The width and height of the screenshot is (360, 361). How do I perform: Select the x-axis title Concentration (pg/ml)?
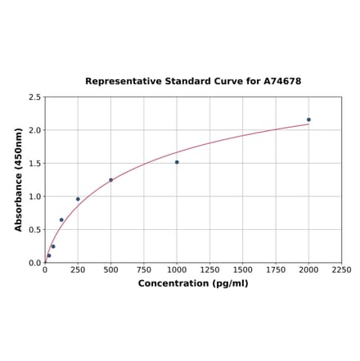click(x=193, y=283)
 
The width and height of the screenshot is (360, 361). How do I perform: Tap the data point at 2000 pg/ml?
click(x=308, y=120)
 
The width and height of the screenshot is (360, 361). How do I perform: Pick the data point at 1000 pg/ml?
click(x=177, y=162)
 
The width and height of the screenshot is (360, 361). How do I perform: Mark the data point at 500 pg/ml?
click(x=111, y=180)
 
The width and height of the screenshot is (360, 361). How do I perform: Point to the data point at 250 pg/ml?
click(x=78, y=199)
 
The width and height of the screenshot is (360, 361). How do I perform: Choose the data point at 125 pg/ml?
click(x=61, y=219)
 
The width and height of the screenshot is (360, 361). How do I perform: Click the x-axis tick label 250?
click(x=78, y=270)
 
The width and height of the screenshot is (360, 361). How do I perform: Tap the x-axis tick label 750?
click(x=144, y=270)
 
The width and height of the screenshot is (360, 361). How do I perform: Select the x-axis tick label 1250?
click(x=209, y=270)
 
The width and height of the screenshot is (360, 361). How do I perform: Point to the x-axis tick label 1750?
click(x=276, y=270)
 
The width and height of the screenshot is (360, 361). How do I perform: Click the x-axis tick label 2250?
click(x=341, y=270)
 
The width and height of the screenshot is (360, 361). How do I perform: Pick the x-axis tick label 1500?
click(x=243, y=270)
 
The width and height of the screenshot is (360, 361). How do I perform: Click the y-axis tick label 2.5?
click(x=35, y=97)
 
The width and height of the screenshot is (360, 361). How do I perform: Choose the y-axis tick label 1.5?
click(x=35, y=164)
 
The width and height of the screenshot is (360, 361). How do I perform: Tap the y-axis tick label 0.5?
click(x=35, y=230)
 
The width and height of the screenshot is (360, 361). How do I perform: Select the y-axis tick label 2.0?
click(x=35, y=130)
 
